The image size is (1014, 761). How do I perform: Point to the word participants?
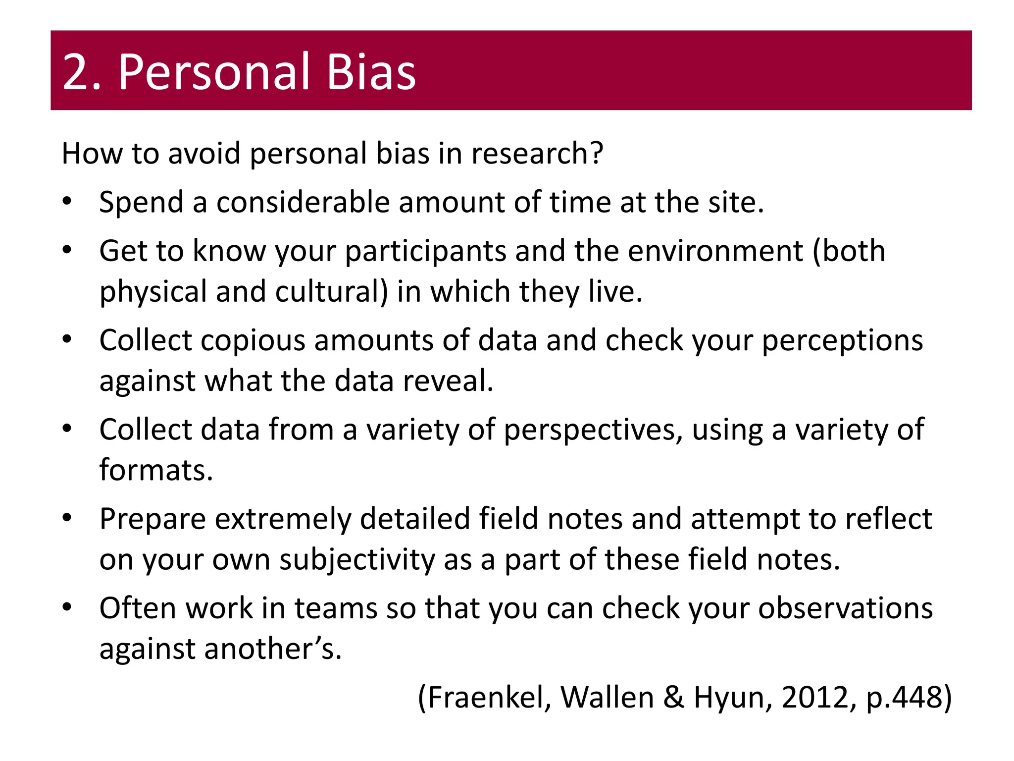pyautogui.click(x=425, y=252)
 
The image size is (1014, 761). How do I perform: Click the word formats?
pyautogui.click(x=155, y=470)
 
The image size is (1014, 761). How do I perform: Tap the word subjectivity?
pyautogui.click(x=356, y=560)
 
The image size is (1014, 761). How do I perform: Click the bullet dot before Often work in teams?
pyautogui.click(x=67, y=607)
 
